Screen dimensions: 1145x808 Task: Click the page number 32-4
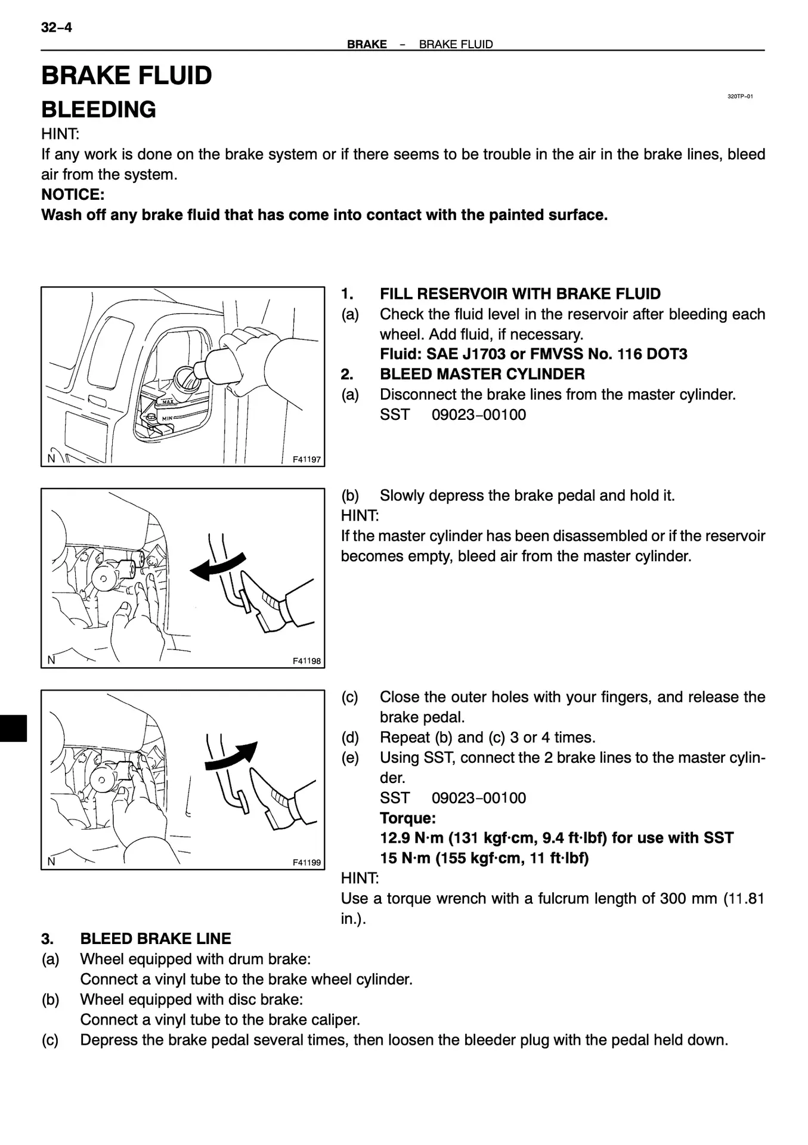click(56, 27)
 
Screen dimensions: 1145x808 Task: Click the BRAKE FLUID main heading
click(126, 76)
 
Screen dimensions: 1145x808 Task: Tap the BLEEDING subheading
click(98, 110)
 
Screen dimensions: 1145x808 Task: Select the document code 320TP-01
click(739, 97)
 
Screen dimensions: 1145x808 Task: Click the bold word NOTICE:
click(73, 194)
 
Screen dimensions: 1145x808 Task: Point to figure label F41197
click(307, 459)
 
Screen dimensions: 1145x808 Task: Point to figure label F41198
click(307, 661)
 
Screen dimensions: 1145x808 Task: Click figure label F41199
click(307, 862)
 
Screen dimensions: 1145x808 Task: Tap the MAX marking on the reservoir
click(168, 402)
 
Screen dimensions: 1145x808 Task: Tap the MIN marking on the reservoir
click(168, 418)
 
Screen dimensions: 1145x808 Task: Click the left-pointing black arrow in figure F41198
click(216, 567)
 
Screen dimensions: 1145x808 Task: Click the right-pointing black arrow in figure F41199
click(231, 756)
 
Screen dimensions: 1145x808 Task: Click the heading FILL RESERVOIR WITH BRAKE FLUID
click(520, 294)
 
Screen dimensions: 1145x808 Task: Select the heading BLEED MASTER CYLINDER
click(482, 375)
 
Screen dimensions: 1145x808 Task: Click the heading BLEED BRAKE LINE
click(155, 939)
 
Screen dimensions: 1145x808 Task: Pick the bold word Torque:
click(408, 818)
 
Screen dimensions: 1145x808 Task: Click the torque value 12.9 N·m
click(411, 838)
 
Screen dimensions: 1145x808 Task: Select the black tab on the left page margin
click(13, 728)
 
